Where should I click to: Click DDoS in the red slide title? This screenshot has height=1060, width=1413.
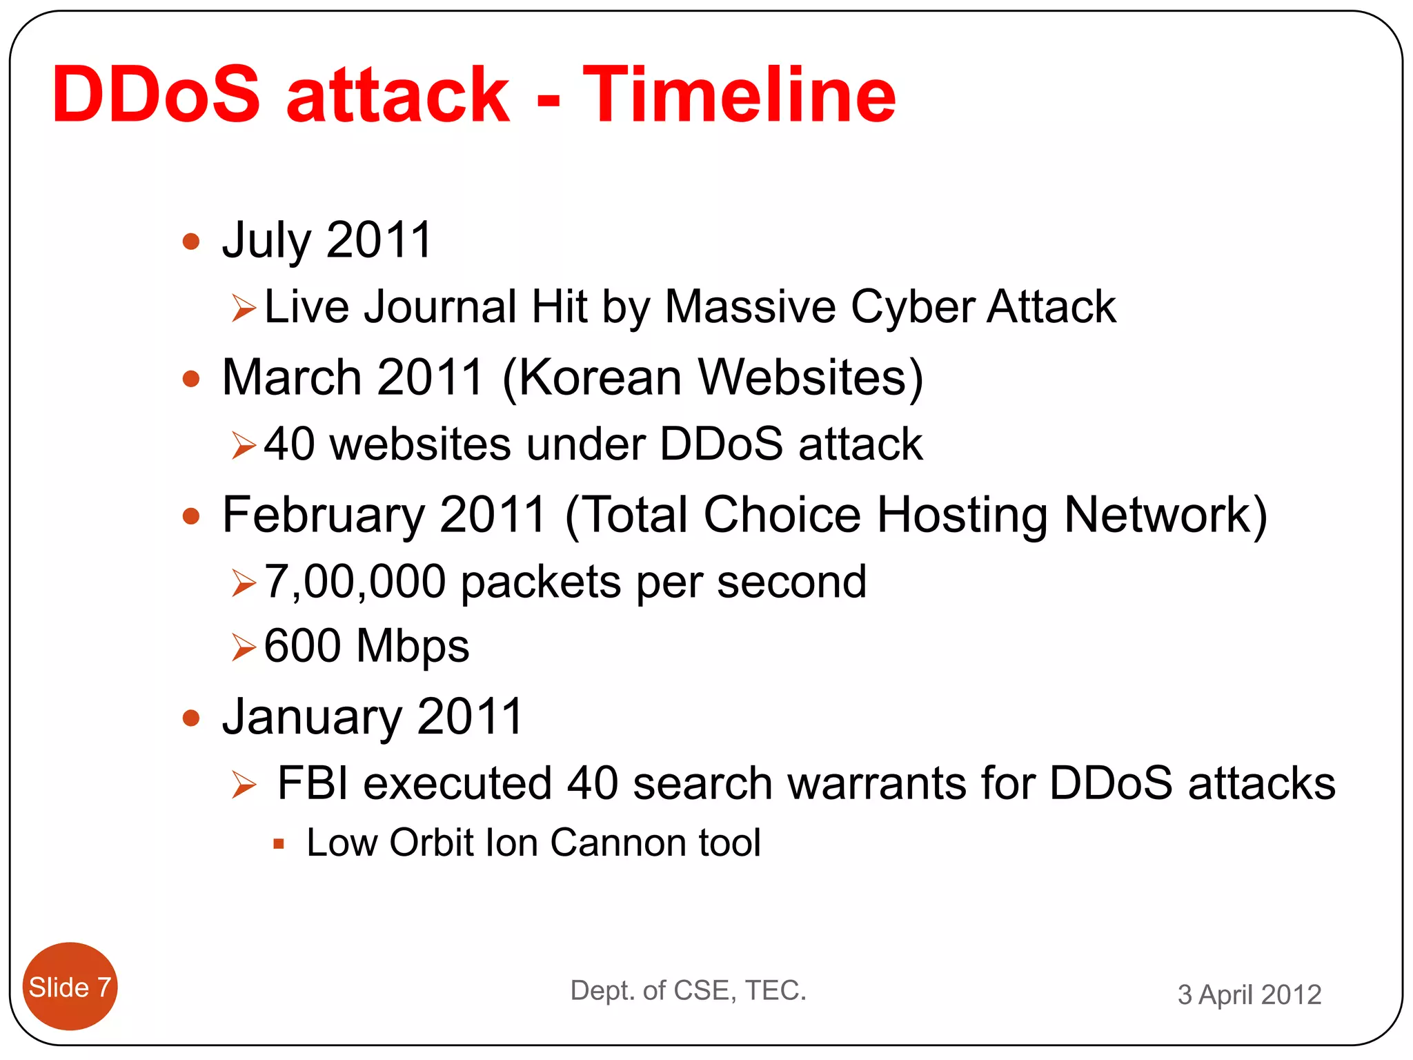(x=156, y=95)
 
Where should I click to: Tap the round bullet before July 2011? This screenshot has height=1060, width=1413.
(x=191, y=242)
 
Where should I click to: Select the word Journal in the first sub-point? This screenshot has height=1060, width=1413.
(x=440, y=307)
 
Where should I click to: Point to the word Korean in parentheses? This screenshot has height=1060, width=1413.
(x=600, y=377)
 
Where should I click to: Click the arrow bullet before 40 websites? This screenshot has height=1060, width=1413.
(x=244, y=445)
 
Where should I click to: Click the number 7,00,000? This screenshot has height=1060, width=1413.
(x=355, y=582)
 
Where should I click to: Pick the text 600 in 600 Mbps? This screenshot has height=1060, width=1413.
(x=302, y=646)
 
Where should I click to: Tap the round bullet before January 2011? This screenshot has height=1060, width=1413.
(x=191, y=718)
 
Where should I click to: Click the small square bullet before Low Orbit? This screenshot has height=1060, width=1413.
(x=279, y=843)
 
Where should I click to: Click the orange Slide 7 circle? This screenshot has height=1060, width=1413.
(x=70, y=987)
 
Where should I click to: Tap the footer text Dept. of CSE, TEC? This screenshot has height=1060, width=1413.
(x=688, y=990)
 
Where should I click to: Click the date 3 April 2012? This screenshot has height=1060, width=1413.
(x=1249, y=994)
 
